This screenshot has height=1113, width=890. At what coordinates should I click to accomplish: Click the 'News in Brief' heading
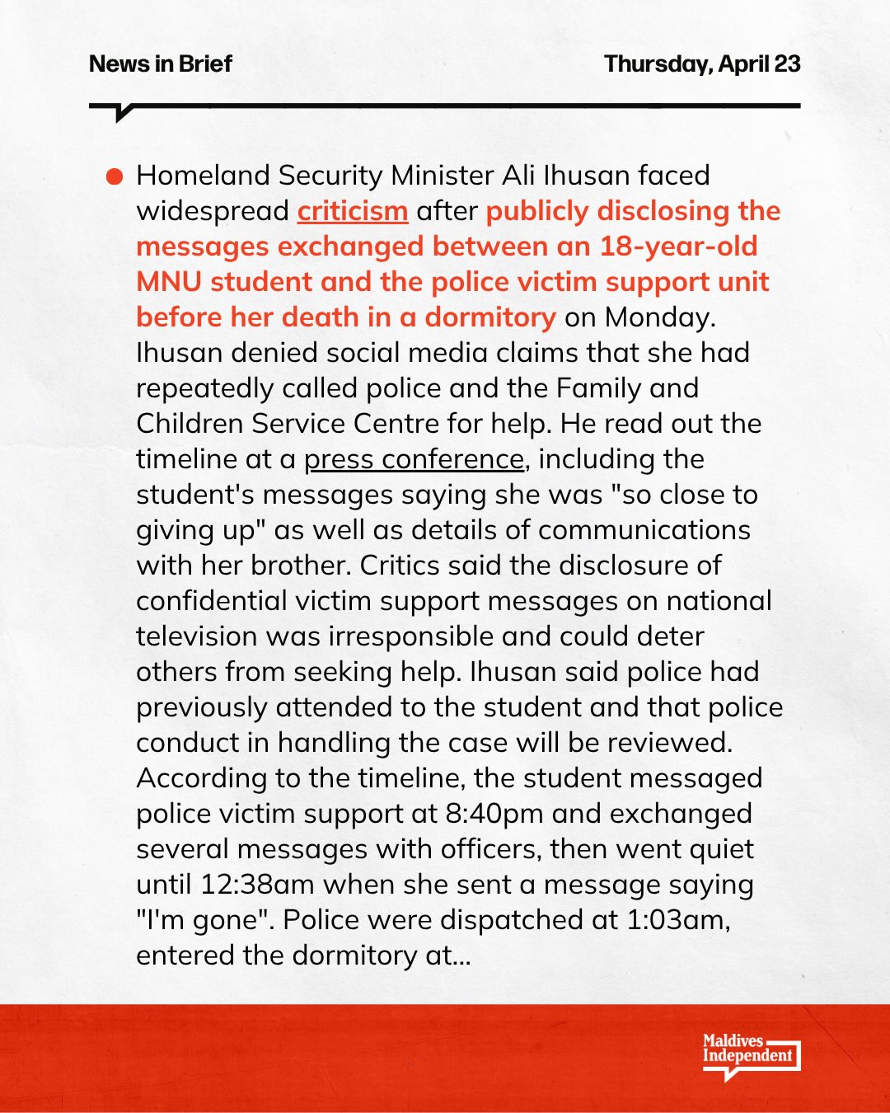pyautogui.click(x=161, y=63)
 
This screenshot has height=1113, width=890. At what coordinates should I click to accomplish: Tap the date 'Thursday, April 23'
pyautogui.click(x=702, y=63)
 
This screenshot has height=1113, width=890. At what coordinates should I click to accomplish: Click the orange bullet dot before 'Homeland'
pyautogui.click(x=115, y=176)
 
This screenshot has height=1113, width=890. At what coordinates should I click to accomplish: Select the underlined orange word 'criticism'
pyautogui.click(x=353, y=211)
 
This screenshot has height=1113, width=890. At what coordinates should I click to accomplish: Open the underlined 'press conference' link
pyautogui.click(x=414, y=459)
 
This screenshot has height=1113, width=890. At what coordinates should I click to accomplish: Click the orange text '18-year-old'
pyautogui.click(x=678, y=247)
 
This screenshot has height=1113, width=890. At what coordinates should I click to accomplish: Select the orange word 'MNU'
pyautogui.click(x=169, y=282)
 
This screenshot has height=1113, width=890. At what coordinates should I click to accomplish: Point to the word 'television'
pyautogui.click(x=198, y=636)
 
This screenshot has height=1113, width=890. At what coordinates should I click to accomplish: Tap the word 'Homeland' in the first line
pyautogui.click(x=202, y=176)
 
